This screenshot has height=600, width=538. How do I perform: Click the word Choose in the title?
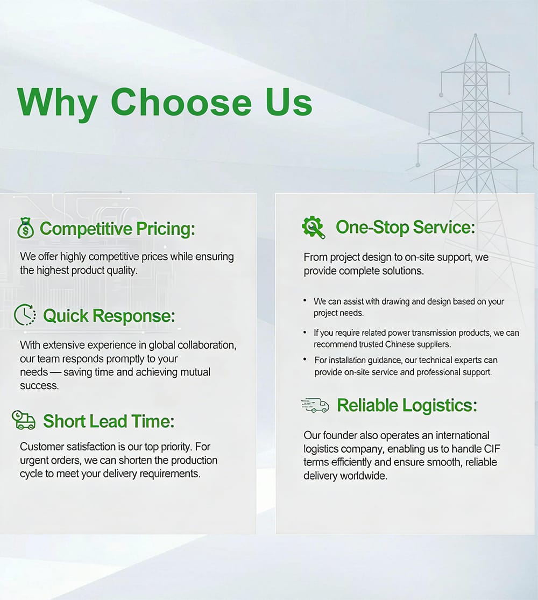tap(180, 102)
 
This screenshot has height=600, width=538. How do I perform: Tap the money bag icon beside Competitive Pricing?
tap(25, 228)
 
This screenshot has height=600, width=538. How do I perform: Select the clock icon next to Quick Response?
tap(25, 315)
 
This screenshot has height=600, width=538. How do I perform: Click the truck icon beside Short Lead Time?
tap(24, 420)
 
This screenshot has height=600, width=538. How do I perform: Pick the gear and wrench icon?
tap(313, 227)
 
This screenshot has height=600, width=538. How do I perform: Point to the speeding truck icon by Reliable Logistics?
tap(315, 405)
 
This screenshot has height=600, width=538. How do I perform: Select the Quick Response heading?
tap(109, 315)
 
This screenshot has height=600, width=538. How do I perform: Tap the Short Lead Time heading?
tap(109, 421)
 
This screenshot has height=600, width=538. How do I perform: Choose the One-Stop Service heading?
tap(406, 227)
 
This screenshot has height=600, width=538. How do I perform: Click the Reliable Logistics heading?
tap(407, 405)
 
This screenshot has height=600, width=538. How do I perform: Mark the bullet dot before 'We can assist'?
tap(306, 300)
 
